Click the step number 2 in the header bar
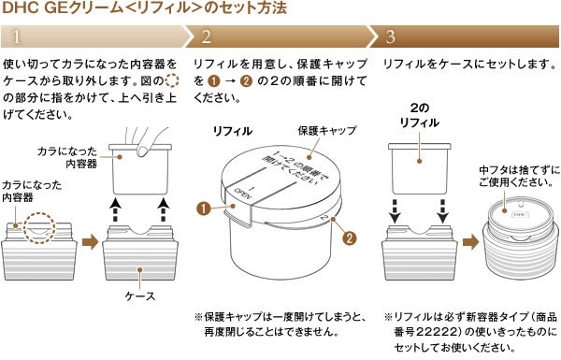click(x=206, y=37)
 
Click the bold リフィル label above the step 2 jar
click(x=230, y=131)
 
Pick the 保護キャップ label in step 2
click(x=322, y=132)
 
